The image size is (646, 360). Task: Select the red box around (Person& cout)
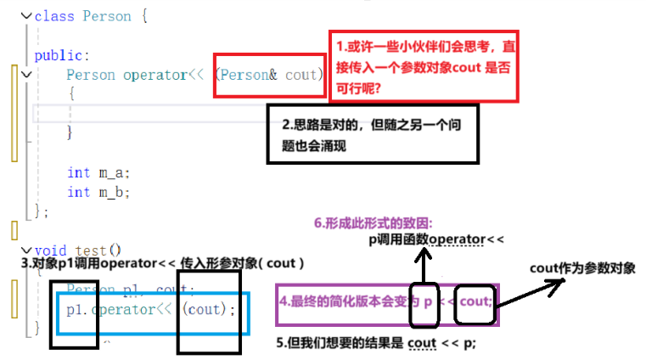pos(268,76)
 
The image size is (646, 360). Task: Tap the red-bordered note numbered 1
pos(422,66)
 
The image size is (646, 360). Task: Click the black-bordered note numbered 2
pos(373,134)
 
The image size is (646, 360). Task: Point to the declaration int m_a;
pos(98,172)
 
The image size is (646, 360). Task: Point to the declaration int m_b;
pos(98,192)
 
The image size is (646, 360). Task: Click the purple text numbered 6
pos(373,224)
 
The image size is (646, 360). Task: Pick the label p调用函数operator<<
pos(435,240)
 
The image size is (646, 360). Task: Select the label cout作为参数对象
pos(581,268)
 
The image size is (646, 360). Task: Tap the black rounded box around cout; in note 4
pos(473,302)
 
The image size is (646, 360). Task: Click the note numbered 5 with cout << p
pos(374,343)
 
